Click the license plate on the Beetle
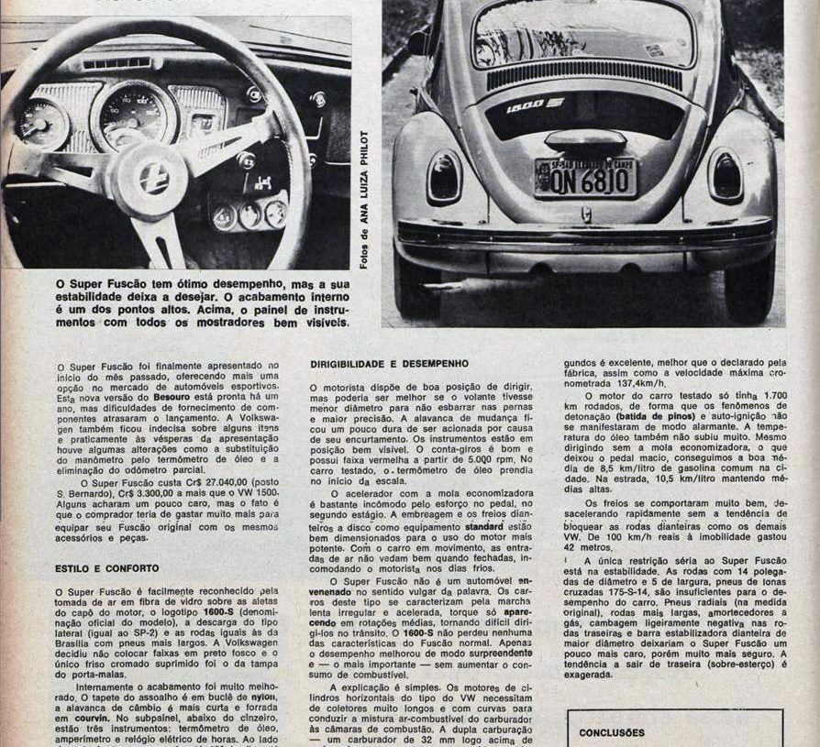[x=584, y=178]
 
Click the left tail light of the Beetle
[x=445, y=176]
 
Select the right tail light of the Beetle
[x=726, y=175]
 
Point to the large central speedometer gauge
[x=133, y=114]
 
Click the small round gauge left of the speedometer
[x=41, y=123]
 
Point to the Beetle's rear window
[x=583, y=35]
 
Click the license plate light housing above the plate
[x=585, y=140]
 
